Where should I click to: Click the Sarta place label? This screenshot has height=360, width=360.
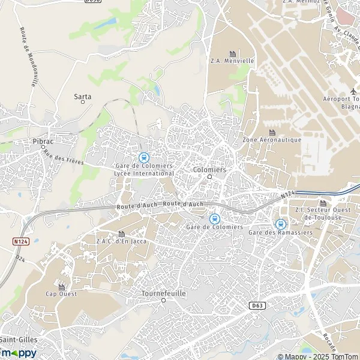point(83,96)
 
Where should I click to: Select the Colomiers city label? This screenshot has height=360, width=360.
point(209,170)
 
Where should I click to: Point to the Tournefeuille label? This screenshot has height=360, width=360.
point(163,293)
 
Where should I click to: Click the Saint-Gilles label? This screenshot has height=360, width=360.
point(18,340)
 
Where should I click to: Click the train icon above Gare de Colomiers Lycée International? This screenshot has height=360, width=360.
point(143,157)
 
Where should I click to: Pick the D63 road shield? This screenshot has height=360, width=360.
point(256,305)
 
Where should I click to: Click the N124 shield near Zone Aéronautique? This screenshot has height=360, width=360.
point(289,193)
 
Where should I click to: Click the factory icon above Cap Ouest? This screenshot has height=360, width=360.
point(61,287)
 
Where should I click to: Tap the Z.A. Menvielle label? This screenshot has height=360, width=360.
point(232,61)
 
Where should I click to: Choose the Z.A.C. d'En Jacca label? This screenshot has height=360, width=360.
point(122,241)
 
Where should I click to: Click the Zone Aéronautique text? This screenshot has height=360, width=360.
point(271,140)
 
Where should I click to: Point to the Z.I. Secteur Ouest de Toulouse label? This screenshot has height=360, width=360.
point(323,213)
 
